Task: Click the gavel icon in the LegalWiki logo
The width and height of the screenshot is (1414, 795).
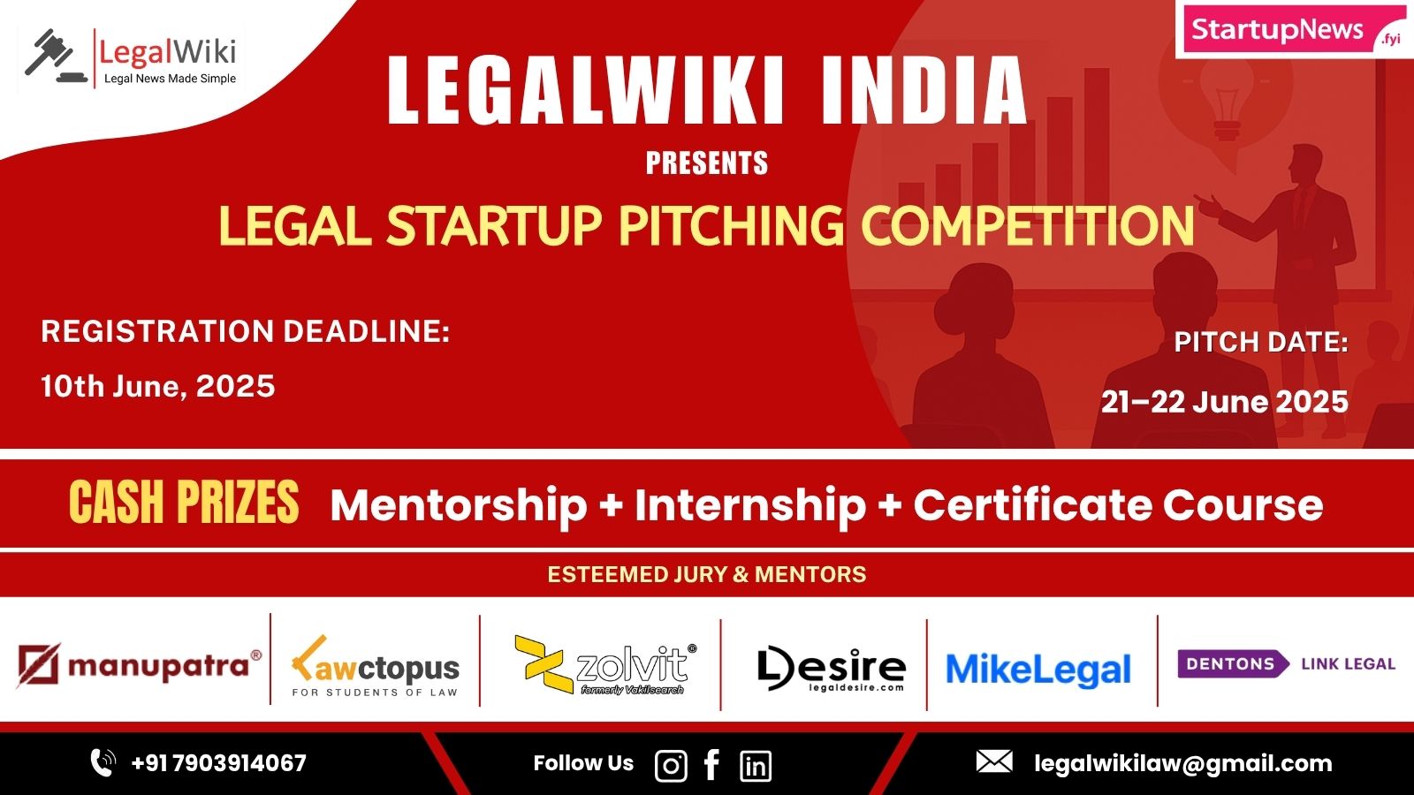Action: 56,56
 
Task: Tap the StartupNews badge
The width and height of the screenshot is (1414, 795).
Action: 1294,30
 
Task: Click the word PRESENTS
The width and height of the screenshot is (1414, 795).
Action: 706,163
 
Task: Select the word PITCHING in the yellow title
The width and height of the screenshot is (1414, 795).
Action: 731,225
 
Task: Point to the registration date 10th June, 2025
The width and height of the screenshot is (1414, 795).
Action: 158,386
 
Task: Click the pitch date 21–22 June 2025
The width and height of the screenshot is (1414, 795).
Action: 1225,402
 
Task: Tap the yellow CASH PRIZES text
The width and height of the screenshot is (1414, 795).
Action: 184,503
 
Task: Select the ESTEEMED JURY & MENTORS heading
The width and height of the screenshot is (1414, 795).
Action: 706,574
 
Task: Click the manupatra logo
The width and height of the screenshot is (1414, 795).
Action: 139,665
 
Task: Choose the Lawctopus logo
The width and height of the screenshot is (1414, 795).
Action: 375,666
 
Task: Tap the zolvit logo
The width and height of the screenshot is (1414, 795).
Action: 605,665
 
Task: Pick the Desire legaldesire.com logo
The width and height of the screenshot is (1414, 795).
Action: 832,669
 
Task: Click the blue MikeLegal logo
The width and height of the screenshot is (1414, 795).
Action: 1038,670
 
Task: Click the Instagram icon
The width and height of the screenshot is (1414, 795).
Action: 671,766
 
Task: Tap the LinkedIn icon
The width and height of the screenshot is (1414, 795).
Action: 756,766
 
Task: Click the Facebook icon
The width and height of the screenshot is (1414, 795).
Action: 711,765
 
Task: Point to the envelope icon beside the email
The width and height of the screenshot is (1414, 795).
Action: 994,761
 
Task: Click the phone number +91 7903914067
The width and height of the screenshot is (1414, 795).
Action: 218,763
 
